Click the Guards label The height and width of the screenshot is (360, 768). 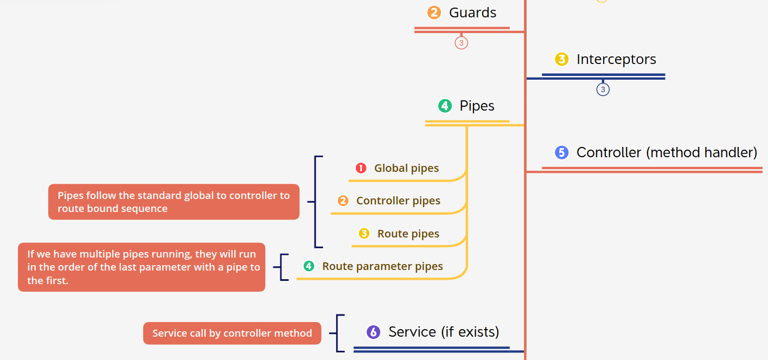[472, 12]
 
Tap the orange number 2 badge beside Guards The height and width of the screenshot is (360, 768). [434, 12]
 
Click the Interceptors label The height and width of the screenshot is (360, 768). [616, 59]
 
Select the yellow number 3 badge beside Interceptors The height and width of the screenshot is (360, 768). [561, 59]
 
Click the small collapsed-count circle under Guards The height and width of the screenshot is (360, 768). [461, 42]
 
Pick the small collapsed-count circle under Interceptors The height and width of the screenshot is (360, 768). [603, 89]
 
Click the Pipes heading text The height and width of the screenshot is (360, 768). [477, 106]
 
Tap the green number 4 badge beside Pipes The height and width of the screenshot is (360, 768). [445, 106]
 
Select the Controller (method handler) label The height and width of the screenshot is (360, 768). [667, 152]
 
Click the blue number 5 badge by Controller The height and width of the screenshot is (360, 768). [561, 152]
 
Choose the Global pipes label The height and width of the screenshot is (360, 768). [406, 168]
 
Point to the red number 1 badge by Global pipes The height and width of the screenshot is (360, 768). [361, 168]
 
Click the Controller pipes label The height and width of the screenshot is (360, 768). [398, 201]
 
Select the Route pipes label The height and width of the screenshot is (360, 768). [408, 234]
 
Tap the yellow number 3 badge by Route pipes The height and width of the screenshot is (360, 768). [364, 234]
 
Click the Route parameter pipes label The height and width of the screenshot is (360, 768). [382, 266]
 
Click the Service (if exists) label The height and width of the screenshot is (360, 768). [444, 332]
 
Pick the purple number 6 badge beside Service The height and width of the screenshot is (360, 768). [373, 332]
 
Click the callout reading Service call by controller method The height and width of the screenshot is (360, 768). [232, 333]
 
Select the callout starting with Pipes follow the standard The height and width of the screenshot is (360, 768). [174, 202]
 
